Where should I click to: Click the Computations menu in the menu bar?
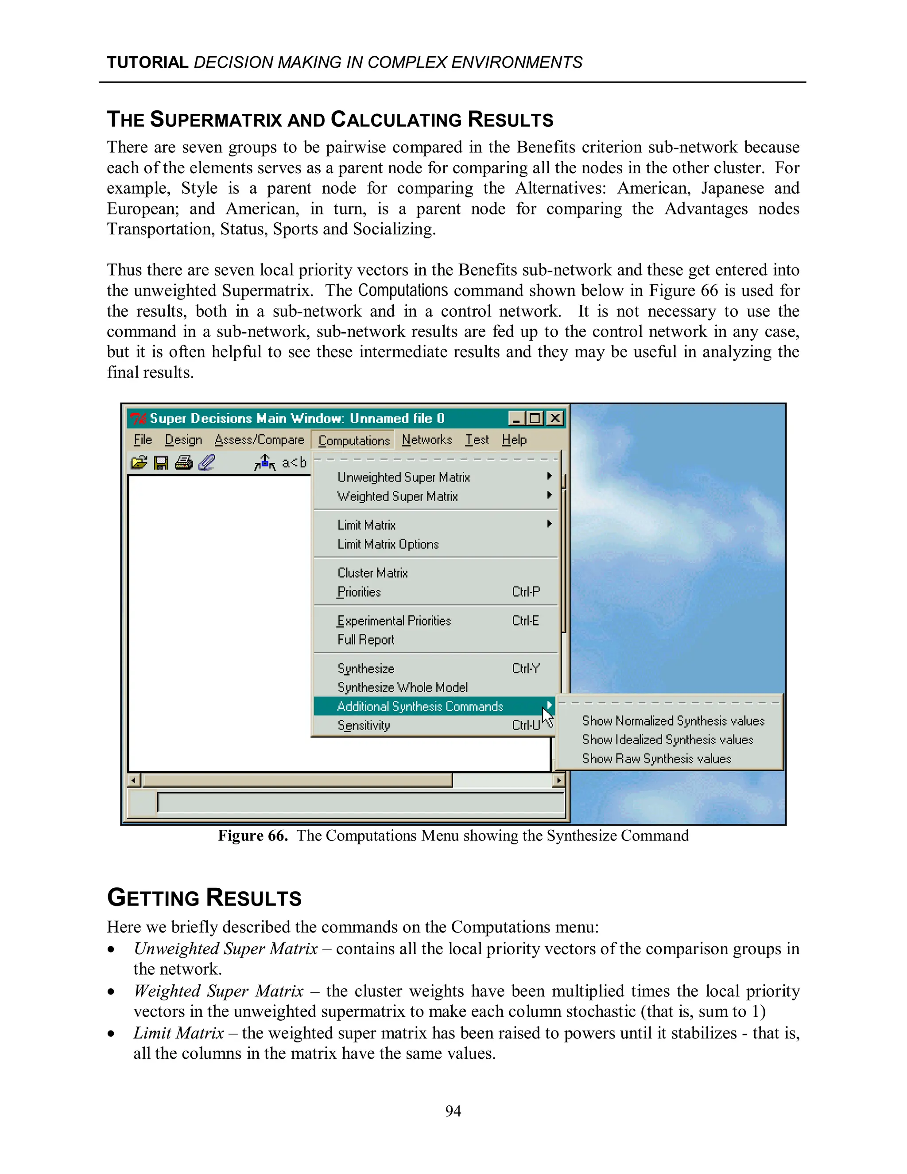click(353, 440)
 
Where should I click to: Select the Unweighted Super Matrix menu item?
click(403, 477)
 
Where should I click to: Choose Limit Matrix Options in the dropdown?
click(388, 544)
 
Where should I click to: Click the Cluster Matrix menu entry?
click(372, 573)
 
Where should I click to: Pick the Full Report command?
click(365, 640)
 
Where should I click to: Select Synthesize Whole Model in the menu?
click(403, 688)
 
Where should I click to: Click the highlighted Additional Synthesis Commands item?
click(420, 706)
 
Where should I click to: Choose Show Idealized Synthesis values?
click(667, 740)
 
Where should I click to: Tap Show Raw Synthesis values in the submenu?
click(657, 758)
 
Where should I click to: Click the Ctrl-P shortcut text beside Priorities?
click(526, 592)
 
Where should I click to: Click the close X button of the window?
click(555, 418)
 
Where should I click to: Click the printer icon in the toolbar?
click(184, 462)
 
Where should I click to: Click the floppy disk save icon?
click(161, 462)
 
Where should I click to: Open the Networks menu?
click(426, 440)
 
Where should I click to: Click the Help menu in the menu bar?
click(514, 440)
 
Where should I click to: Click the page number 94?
click(453, 1111)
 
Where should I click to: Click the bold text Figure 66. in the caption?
click(252, 836)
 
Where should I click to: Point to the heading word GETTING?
click(154, 898)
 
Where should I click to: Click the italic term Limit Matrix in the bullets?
click(178, 1033)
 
